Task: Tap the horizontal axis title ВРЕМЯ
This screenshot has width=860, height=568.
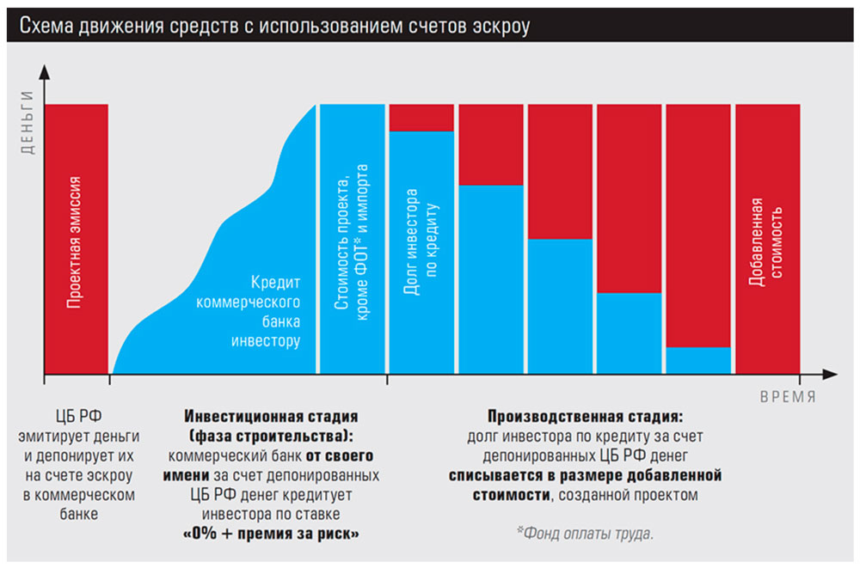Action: click(787, 398)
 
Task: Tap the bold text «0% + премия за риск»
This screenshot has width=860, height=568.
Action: click(271, 534)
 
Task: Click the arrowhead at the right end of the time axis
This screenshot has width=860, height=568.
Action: click(829, 375)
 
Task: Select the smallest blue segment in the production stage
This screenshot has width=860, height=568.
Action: click(697, 360)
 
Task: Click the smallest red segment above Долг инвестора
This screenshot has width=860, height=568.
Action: click(421, 117)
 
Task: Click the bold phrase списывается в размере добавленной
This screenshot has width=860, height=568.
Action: click(585, 474)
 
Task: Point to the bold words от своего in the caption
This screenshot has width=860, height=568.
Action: click(341, 455)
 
